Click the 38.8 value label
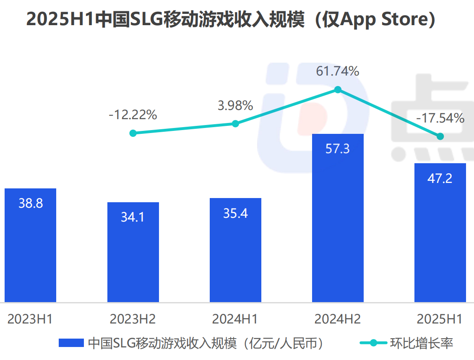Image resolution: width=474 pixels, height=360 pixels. [30, 203]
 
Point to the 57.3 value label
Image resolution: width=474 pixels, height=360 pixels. [338, 149]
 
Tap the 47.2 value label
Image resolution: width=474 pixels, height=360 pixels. [440, 178]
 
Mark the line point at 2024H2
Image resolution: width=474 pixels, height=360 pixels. [338, 89]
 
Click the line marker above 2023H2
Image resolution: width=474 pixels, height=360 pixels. [133, 133]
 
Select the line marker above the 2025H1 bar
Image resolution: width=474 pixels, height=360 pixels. [440, 136]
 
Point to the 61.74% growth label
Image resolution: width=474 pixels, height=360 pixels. [338, 71]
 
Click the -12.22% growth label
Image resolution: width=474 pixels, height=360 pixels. [133, 115]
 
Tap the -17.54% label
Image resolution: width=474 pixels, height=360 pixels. [440, 118]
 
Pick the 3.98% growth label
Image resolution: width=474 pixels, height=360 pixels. [235, 105]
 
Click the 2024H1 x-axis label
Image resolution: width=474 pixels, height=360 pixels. [235, 319]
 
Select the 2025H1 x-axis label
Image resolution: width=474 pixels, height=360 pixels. [440, 319]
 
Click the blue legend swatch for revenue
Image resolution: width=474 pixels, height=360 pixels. [71, 343]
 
